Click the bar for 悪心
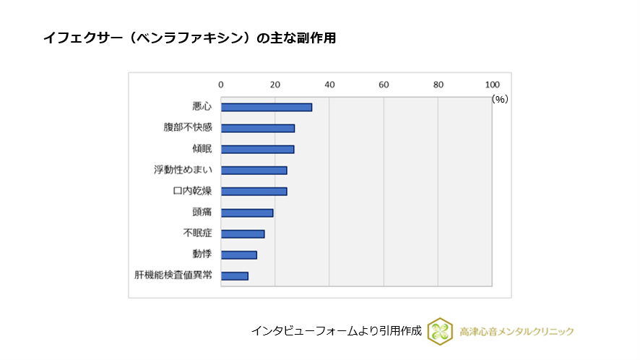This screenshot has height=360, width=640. [x=267, y=107]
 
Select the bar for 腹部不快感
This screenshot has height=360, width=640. [x=258, y=128]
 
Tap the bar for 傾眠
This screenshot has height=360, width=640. [x=257, y=149]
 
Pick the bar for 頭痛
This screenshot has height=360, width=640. [x=247, y=213]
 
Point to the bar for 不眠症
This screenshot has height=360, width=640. [x=243, y=233]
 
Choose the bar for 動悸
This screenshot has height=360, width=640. [x=239, y=254]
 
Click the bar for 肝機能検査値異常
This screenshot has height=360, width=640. [x=235, y=275]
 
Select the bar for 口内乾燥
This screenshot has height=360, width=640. [x=254, y=192]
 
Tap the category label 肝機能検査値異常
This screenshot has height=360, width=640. [x=173, y=275]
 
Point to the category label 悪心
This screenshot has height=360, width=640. [x=202, y=107]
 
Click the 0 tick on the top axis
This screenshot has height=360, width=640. [x=221, y=85]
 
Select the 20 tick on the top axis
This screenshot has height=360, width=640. [x=275, y=85]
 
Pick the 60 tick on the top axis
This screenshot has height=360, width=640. [x=384, y=85]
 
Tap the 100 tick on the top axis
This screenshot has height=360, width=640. [x=492, y=85]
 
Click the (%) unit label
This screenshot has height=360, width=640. [x=500, y=99]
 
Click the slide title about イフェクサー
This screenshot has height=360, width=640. [x=189, y=38]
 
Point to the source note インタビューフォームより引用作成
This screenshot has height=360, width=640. [x=336, y=331]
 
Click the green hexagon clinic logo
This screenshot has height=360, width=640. [x=440, y=331]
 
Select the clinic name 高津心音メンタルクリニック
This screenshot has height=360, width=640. [x=516, y=332]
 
